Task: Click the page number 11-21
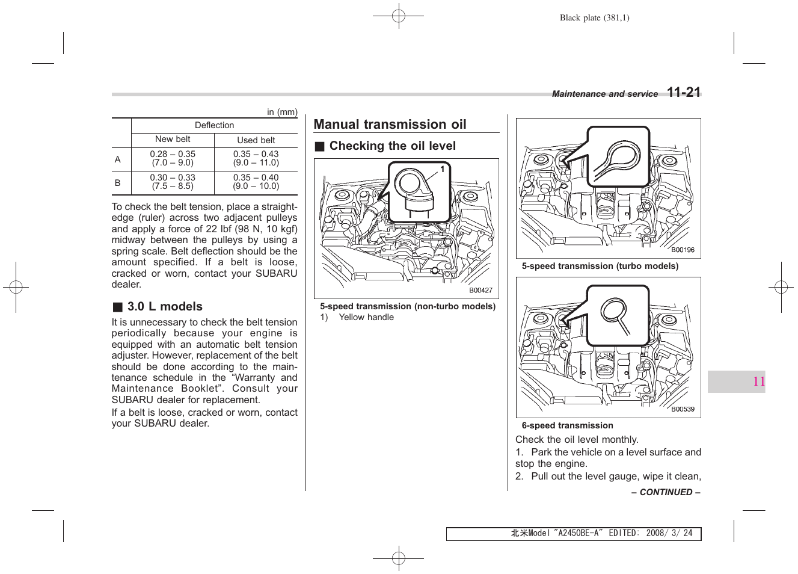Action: pos(684,92)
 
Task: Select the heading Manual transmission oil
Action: pos(390,125)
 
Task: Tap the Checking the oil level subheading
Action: pos(392,146)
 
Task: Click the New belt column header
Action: pos(173,140)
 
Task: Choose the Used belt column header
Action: pos(256,140)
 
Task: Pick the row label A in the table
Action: pos(118,159)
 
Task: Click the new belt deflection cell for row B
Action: pos(173,182)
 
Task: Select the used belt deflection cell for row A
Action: pos(256,158)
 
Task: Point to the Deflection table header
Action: pos(214,125)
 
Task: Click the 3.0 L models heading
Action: pos(164,307)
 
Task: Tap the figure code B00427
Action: pos(480,291)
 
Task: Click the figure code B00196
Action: pos(683,250)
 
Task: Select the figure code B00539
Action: pos(683,409)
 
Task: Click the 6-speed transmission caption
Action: pos(567,425)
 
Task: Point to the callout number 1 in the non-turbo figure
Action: pos(443,170)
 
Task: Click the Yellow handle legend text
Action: pos(366,317)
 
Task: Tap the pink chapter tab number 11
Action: pos(759,381)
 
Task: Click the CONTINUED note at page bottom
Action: pos(666,492)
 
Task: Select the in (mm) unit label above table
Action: pos(282,112)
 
